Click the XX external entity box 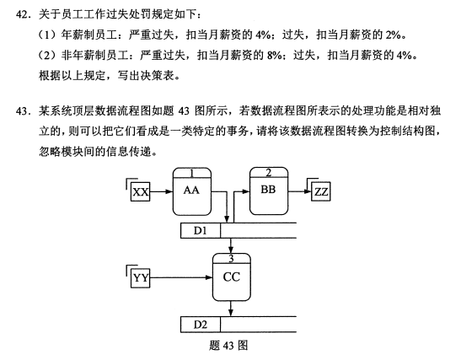click(x=140, y=191)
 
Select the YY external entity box click(x=140, y=278)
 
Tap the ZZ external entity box click(x=321, y=191)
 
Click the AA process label click(x=191, y=191)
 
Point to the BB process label click(x=268, y=190)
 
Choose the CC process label click(x=232, y=277)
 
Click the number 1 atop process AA click(x=191, y=173)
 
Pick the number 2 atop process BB click(x=269, y=173)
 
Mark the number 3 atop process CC click(x=232, y=259)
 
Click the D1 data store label click(x=201, y=231)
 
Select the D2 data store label click(x=201, y=325)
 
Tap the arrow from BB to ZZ click(x=299, y=191)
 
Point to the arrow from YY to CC click(x=181, y=277)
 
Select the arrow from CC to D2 click(x=231, y=309)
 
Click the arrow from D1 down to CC click(x=231, y=245)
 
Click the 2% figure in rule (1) click(x=393, y=35)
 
